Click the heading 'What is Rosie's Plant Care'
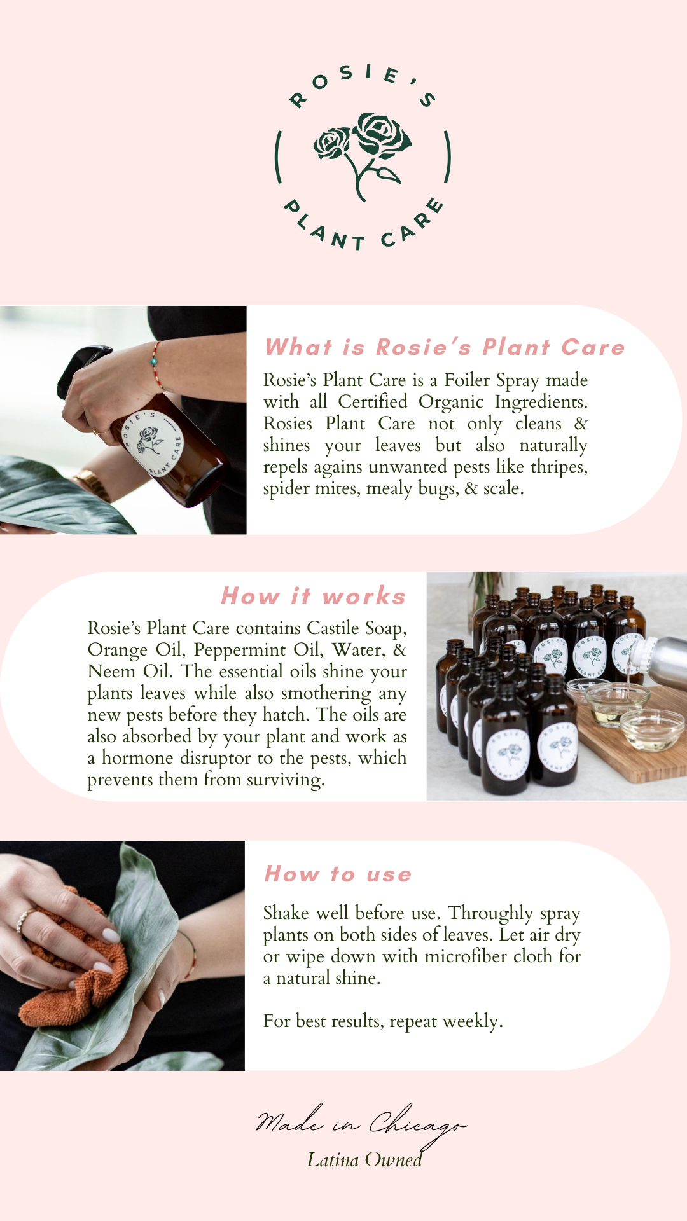tap(445, 347)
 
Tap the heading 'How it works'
tap(314, 596)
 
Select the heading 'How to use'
tap(338, 874)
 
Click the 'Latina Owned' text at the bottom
tap(364, 1160)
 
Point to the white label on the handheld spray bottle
tap(153, 443)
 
